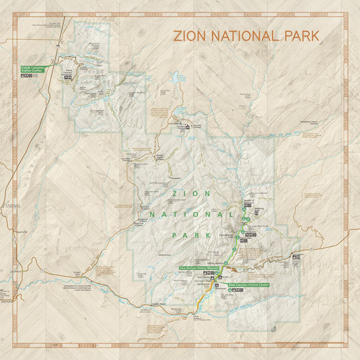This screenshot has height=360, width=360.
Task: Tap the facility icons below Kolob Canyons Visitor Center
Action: pyautogui.click(x=28, y=76)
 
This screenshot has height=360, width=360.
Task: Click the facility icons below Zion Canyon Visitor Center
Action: pyautogui.click(x=239, y=290)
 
